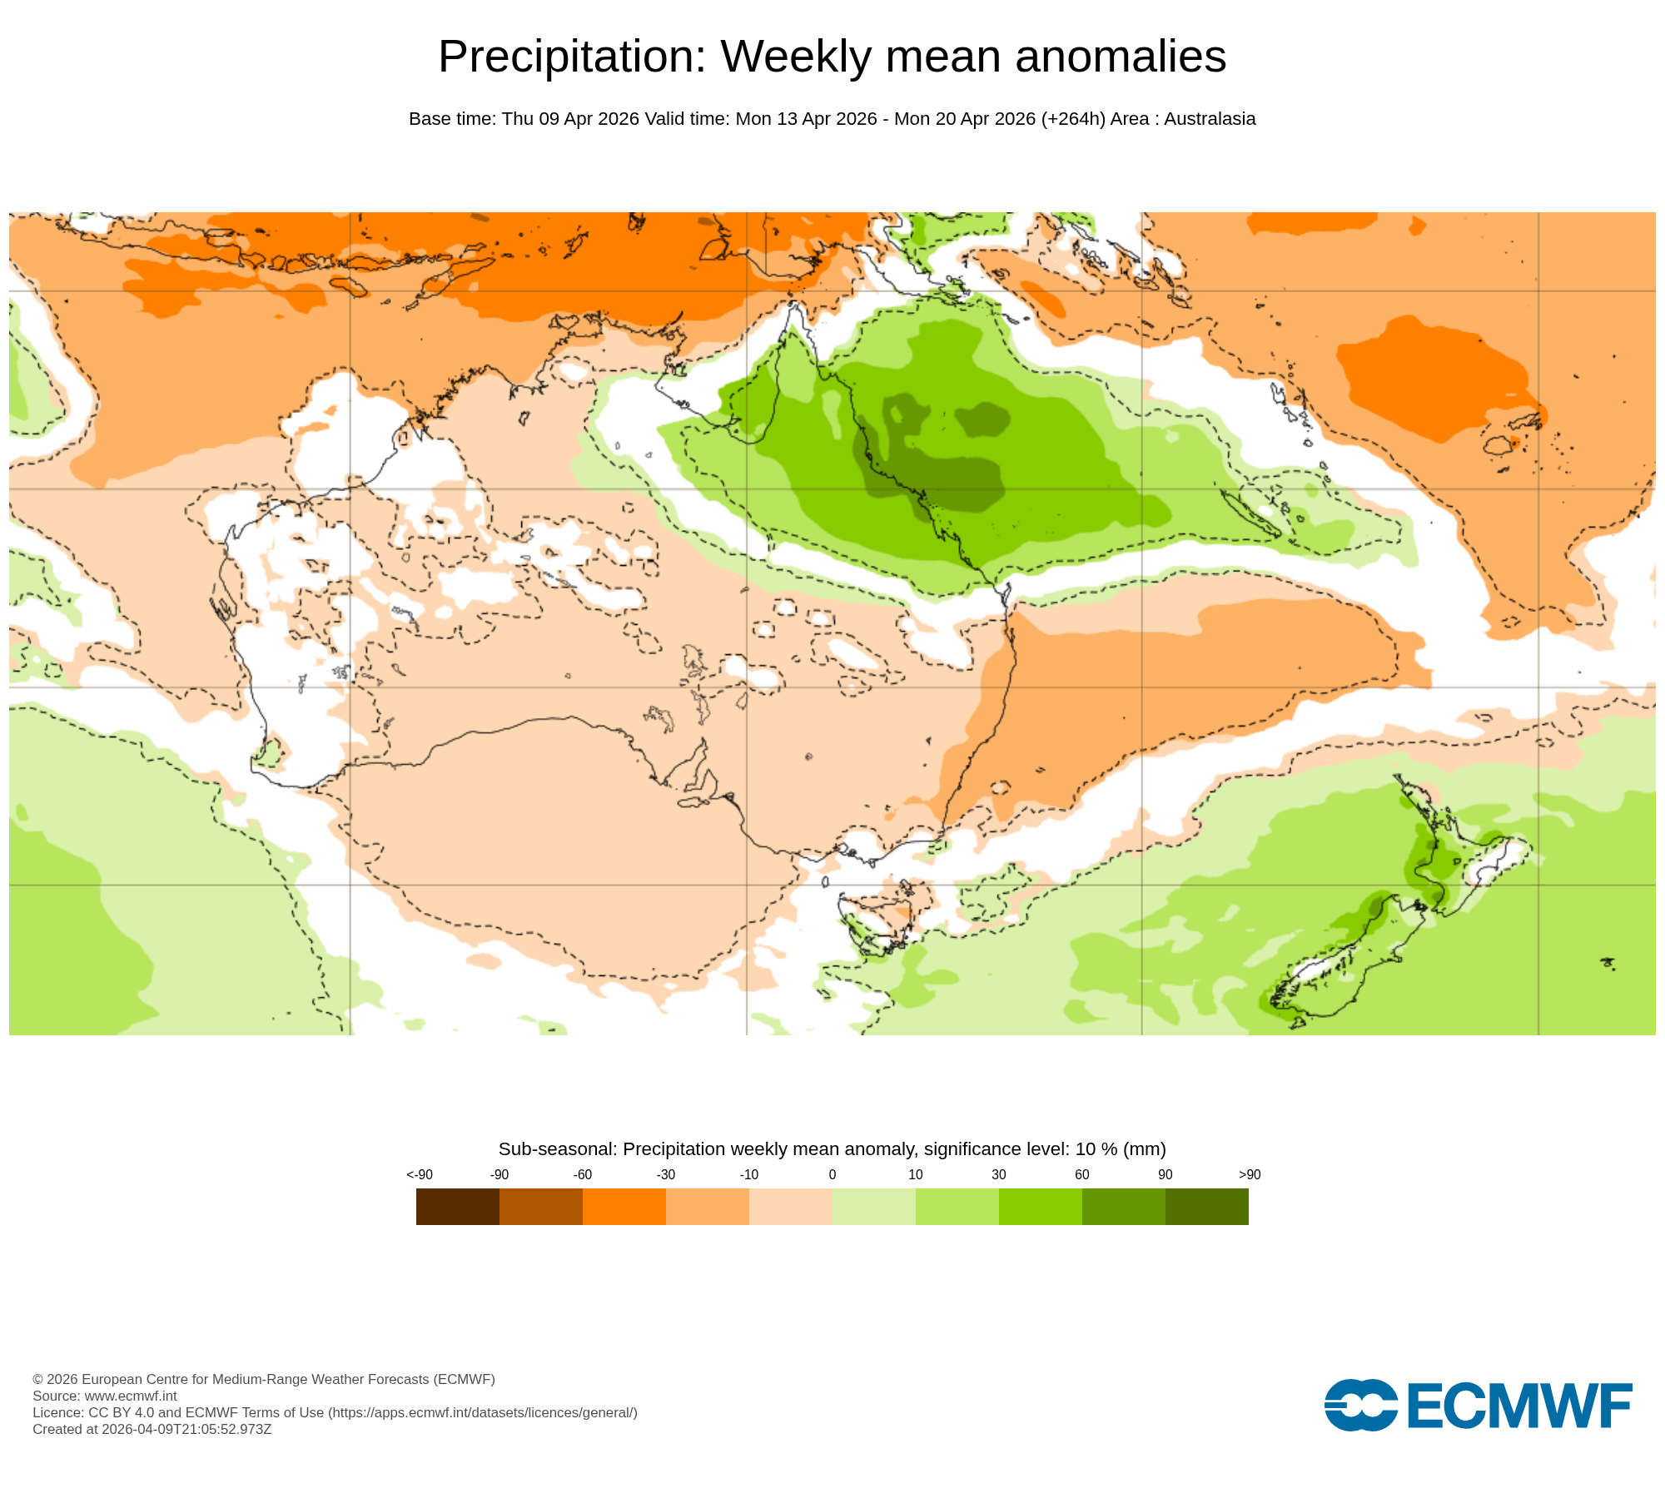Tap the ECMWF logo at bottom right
click(x=1478, y=1406)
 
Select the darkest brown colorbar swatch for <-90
click(x=457, y=1206)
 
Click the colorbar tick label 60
click(x=1081, y=1174)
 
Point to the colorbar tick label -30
click(x=665, y=1174)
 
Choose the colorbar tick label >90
click(x=1249, y=1174)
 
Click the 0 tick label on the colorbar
click(x=832, y=1174)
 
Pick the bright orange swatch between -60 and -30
click(x=624, y=1206)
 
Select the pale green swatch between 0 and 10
click(x=873, y=1206)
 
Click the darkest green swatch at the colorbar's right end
click(x=1206, y=1206)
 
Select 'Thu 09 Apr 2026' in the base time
click(x=570, y=119)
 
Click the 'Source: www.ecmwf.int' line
click(x=105, y=1396)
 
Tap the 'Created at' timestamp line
click(x=152, y=1429)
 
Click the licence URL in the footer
click(x=483, y=1412)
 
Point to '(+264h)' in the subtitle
click(x=1072, y=119)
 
